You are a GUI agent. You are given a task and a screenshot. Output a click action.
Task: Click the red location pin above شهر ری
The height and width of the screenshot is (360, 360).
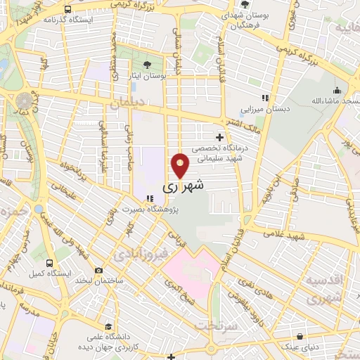[180, 166]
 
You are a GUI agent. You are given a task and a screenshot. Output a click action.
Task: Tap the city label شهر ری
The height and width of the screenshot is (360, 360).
[184, 188]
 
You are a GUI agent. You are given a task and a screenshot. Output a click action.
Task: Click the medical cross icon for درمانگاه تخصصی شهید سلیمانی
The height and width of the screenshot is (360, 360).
[220, 137]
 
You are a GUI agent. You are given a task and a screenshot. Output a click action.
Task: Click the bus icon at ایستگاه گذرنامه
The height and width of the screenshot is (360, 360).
[67, 10]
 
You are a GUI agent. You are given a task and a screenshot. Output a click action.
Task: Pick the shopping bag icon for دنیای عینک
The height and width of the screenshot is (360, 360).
[300, 336]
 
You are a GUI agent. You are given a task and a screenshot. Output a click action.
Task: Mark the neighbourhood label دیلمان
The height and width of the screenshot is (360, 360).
[127, 102]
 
